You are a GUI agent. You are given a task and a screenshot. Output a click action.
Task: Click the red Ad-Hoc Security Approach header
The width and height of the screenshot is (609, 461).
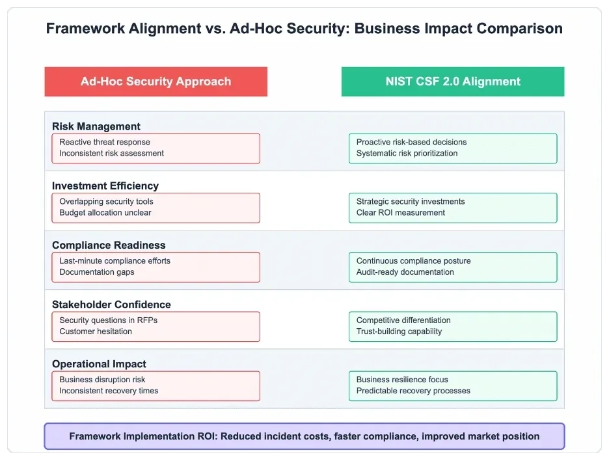[x=156, y=81]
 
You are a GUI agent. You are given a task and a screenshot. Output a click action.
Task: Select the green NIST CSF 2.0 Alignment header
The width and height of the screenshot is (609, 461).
[x=453, y=81]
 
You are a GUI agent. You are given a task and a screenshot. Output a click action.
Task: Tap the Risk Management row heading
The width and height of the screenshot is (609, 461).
[x=96, y=126]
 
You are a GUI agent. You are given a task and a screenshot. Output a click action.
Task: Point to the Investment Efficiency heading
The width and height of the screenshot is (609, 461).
[x=105, y=186]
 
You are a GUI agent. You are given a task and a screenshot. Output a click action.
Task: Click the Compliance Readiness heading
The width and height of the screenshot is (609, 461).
[x=109, y=245]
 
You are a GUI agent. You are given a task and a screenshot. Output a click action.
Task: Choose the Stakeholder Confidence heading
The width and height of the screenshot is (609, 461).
[x=111, y=304]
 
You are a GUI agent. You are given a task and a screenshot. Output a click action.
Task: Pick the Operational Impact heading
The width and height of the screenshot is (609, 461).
[x=99, y=364]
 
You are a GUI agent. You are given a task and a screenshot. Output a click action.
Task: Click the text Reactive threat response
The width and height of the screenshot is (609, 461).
[x=105, y=142]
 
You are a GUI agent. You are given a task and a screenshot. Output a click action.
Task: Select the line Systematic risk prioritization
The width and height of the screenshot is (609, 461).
[x=407, y=153]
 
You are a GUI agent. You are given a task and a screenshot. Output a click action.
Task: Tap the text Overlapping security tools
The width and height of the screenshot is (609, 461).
[x=106, y=201]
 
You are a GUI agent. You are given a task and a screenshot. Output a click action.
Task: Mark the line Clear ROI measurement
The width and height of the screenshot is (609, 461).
[x=400, y=213]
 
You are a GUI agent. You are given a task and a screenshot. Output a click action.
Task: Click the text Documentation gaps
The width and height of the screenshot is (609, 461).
[x=97, y=272]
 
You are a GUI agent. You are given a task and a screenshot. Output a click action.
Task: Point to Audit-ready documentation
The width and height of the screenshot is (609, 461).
[x=405, y=272]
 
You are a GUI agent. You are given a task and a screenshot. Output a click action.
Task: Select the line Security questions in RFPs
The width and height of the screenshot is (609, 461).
[x=109, y=320]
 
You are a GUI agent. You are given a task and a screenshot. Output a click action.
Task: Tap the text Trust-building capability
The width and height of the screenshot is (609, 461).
[x=399, y=331]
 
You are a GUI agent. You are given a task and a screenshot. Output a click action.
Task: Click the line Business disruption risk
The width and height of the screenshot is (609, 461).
[x=102, y=380]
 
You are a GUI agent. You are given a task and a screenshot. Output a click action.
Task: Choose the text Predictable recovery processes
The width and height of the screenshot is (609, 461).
[x=413, y=391]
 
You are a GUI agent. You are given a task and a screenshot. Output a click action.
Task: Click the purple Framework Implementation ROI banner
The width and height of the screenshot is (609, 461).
[x=304, y=436]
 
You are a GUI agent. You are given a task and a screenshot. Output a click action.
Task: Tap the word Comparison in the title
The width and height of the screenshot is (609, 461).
[x=520, y=29]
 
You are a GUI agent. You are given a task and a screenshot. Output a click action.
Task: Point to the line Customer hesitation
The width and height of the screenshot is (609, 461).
[x=96, y=331]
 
